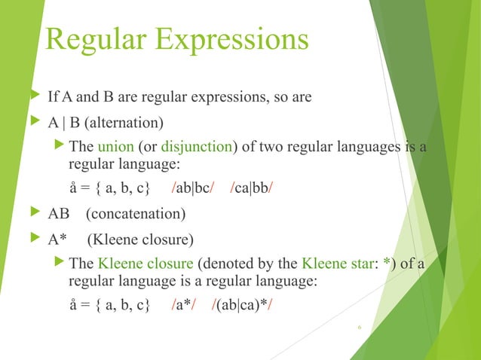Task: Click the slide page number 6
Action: click(x=360, y=328)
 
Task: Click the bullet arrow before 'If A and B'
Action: click(x=32, y=97)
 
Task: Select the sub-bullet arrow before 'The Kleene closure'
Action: click(x=61, y=264)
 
